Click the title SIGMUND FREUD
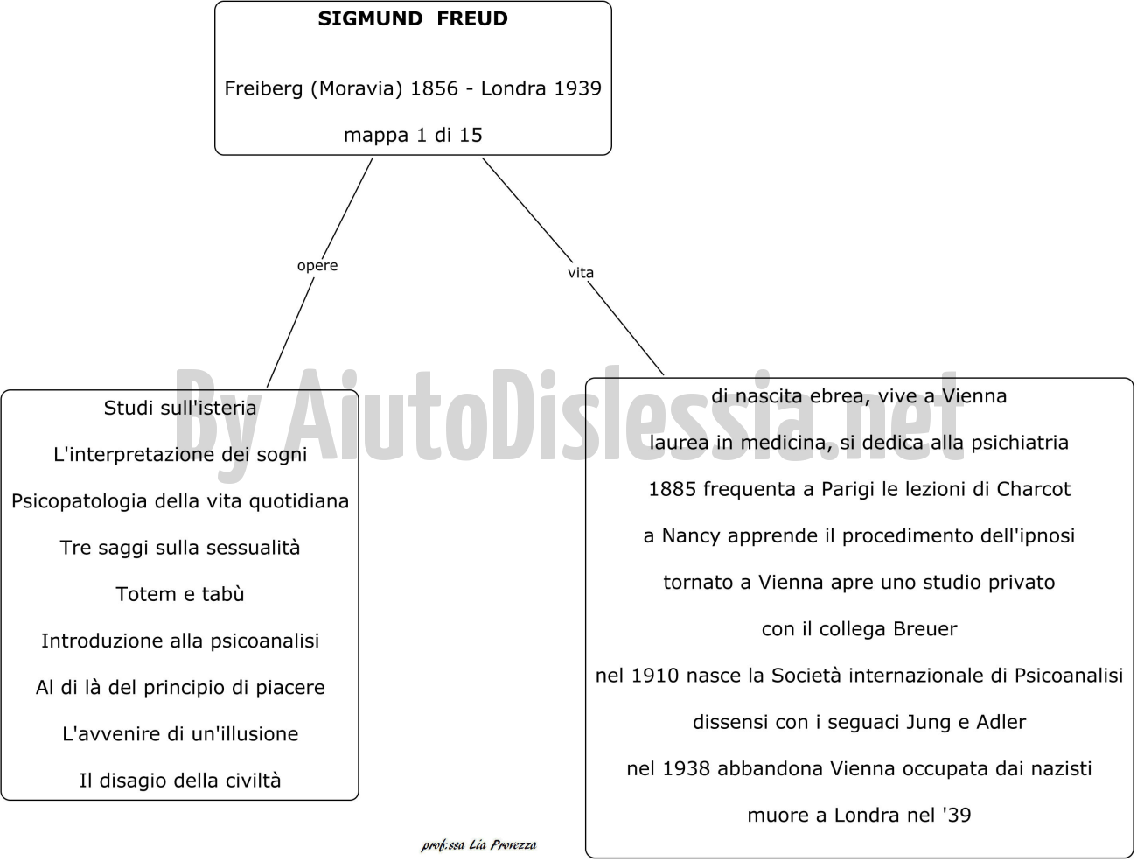coord(413,18)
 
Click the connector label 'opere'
coord(317,266)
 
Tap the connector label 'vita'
coord(580,272)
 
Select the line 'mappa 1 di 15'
coord(413,136)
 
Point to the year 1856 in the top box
coord(434,88)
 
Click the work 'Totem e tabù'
coord(180,594)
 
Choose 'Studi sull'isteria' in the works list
coord(180,409)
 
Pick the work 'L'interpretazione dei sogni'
coord(180,455)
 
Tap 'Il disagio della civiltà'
coord(180,780)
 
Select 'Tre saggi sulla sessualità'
coord(180,548)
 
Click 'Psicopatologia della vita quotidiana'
coord(180,501)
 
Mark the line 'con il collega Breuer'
coord(859,629)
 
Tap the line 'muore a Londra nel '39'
coord(859,815)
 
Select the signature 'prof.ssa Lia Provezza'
coord(478,845)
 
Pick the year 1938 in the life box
coord(686,769)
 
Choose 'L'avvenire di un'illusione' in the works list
coord(180,734)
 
